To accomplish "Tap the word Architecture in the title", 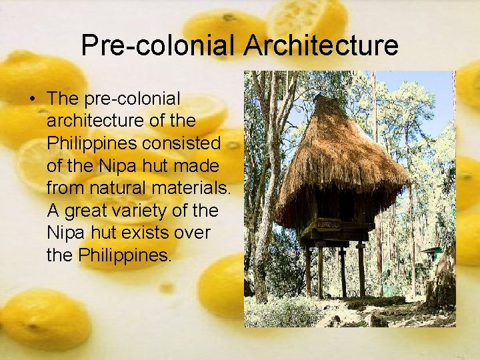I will point(321,45).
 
